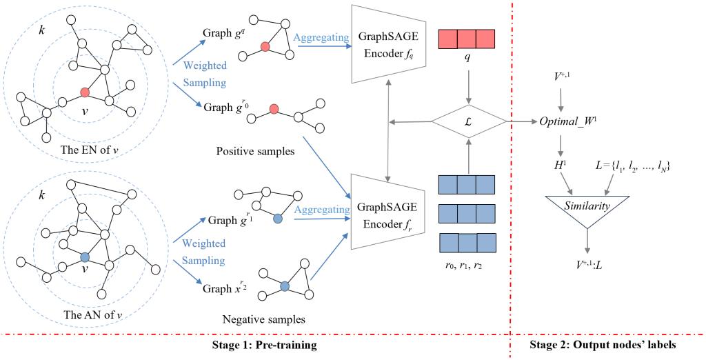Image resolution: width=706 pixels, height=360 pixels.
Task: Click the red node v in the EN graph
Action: (x=85, y=92)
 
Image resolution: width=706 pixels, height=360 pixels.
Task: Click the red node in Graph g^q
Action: (x=264, y=48)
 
